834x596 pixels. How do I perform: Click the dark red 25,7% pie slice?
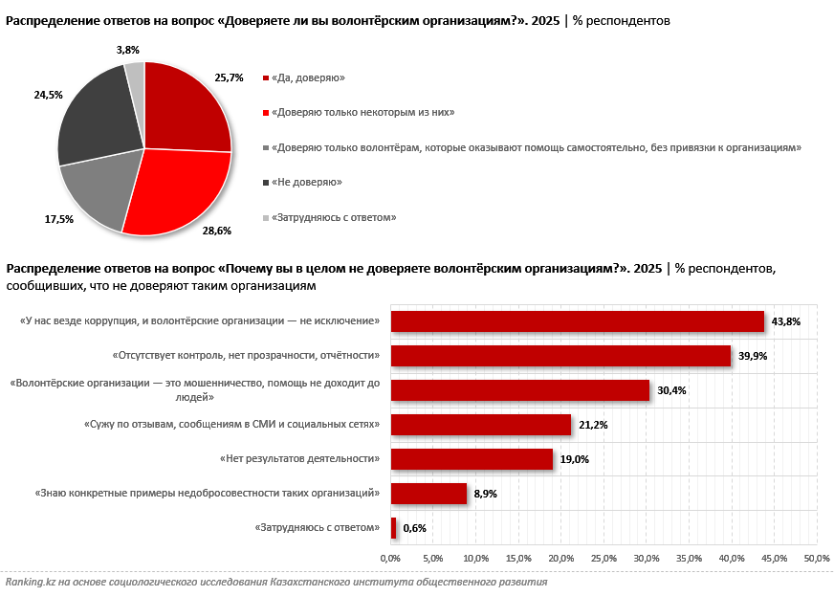[187, 110]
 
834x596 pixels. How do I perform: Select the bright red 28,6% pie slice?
[182, 191]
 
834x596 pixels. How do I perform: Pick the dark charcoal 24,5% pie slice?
[96, 115]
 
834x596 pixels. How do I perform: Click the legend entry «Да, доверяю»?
[307, 77]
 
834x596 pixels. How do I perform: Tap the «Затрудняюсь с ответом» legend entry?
[333, 217]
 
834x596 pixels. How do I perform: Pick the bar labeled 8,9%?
[428, 494]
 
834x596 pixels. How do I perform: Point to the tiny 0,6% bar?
[393, 528]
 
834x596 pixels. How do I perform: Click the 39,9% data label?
[753, 356]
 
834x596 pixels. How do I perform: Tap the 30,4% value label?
[671, 390]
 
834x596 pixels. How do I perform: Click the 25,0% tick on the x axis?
[604, 558]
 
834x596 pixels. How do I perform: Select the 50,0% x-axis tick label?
[817, 558]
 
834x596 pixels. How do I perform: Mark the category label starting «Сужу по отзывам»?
[247, 424]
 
